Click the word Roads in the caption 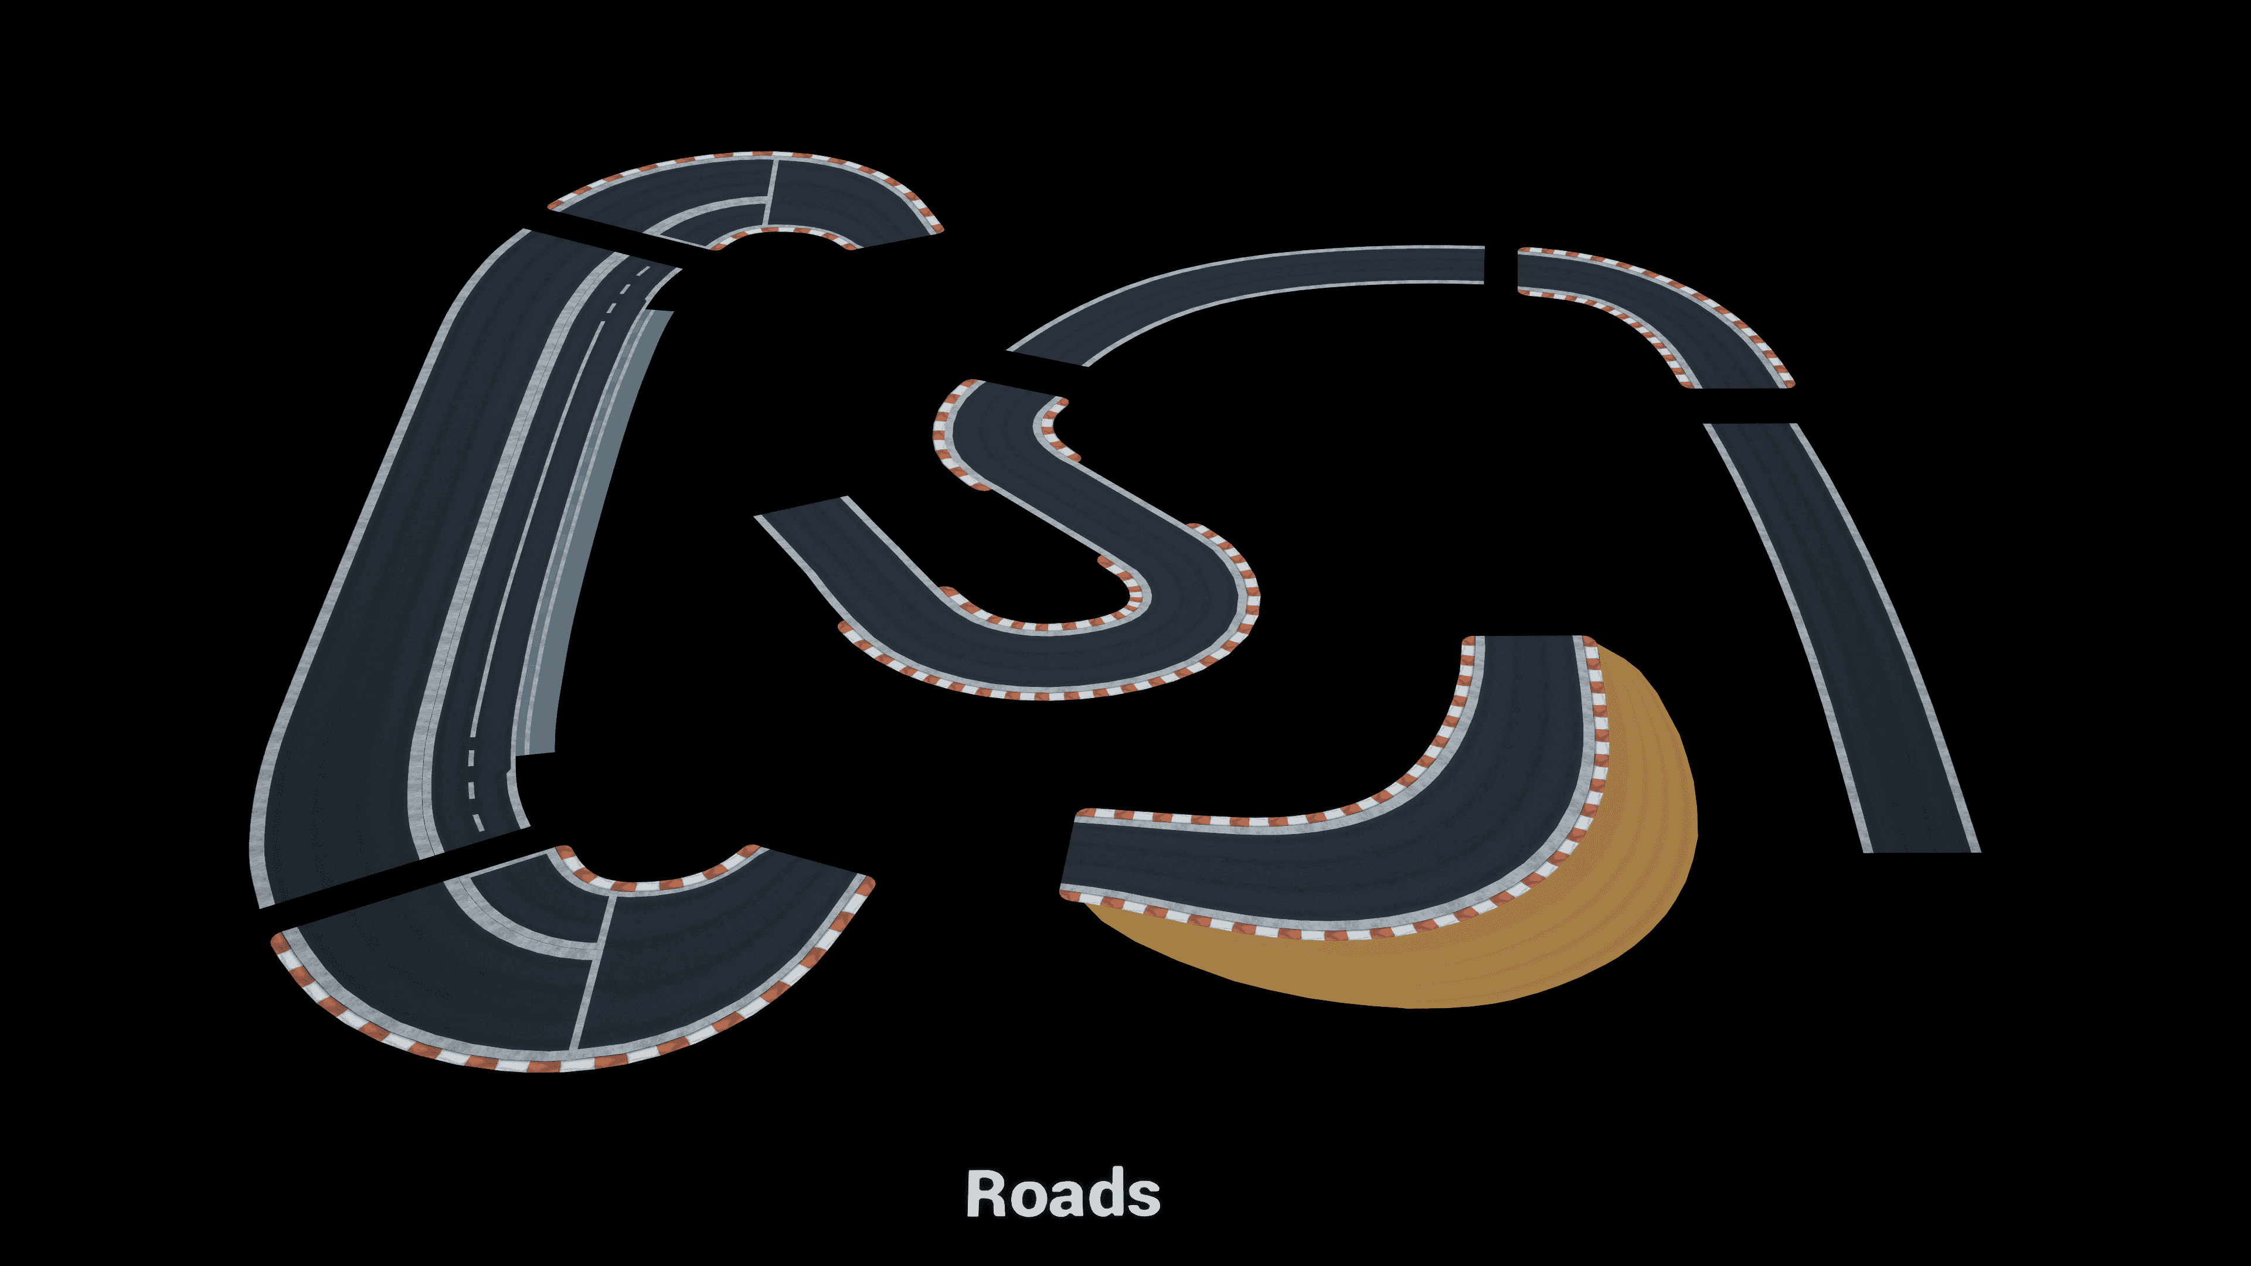(x=1063, y=1193)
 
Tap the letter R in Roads (x=985, y=1193)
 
